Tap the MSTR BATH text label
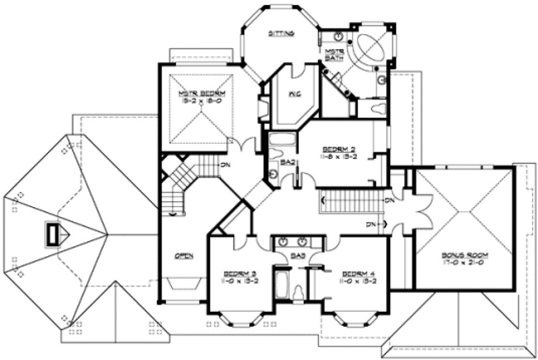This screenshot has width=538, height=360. coord(332,55)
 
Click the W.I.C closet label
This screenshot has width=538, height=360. coord(294,94)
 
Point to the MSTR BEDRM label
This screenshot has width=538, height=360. coord(201,93)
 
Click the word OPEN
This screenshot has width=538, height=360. coord(184,255)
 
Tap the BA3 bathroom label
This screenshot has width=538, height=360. coord(297,254)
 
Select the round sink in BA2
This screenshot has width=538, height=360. coord(273,173)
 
